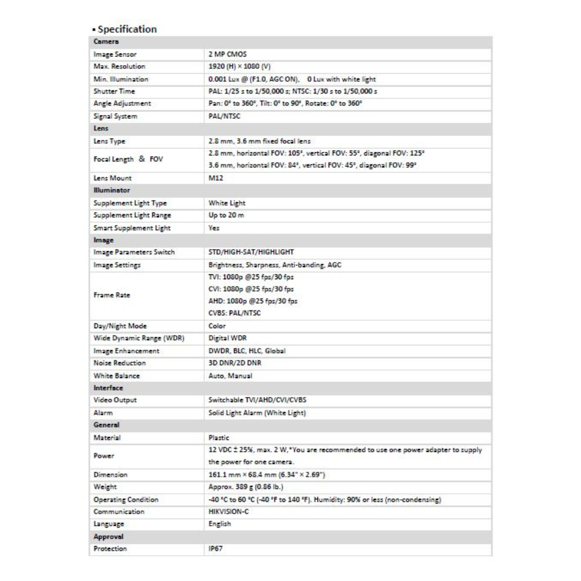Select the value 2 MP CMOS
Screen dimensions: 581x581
227,54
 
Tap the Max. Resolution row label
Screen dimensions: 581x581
119,67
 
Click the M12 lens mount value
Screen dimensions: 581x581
215,178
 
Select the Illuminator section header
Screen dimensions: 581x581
112,190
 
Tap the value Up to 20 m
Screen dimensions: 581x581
226,215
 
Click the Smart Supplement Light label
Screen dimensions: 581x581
132,228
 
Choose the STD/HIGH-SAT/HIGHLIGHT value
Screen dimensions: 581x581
251,252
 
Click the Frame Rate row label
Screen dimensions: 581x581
112,295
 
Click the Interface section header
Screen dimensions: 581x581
108,387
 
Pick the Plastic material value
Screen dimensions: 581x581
219,438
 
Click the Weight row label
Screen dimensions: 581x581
105,487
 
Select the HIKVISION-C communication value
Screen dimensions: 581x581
229,512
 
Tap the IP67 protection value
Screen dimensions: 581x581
215,549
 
